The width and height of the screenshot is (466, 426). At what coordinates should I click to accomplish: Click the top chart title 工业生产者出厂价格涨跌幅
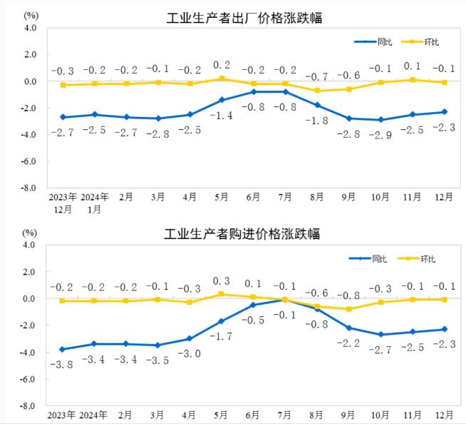pos(244,18)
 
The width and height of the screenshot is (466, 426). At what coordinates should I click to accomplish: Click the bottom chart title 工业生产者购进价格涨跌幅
pos(242,233)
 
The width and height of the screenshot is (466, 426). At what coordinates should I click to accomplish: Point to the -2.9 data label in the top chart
pos(380,134)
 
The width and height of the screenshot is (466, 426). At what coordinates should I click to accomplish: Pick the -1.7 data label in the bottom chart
pos(222,335)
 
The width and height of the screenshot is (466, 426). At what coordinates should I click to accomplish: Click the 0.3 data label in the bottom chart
pos(222,281)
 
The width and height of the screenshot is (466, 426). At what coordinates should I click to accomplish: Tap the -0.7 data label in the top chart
pos(317,76)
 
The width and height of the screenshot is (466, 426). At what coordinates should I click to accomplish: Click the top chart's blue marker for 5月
pos(222,100)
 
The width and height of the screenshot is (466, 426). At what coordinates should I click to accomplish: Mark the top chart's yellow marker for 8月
pos(317,91)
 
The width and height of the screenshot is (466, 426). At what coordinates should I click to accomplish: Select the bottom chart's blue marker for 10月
pos(380,334)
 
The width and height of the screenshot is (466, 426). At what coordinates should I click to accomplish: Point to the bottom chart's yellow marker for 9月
pos(349,309)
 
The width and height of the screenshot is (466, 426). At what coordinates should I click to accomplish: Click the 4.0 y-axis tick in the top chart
pos(29,28)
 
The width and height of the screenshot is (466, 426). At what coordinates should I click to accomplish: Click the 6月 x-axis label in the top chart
pos(254,197)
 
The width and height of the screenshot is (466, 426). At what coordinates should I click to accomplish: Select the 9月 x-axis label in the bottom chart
pos(349,415)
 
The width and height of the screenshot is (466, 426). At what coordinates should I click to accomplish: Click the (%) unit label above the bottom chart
pos(29,233)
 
